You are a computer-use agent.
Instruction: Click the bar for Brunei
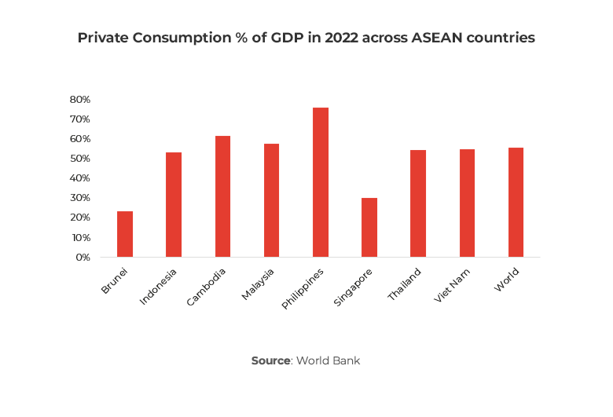tap(125, 234)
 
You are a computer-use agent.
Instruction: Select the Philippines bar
tap(321, 182)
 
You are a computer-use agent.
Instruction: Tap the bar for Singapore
tap(369, 227)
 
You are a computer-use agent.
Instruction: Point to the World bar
tap(516, 202)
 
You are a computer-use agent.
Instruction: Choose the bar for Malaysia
tap(272, 200)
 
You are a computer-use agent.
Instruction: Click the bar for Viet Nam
tap(467, 203)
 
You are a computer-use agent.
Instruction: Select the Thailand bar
tap(418, 203)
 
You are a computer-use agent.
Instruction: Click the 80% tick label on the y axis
tap(80, 100)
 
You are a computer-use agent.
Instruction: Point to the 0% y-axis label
tap(83, 257)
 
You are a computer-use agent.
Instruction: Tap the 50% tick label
tap(80, 159)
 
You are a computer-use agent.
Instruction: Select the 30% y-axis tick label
tap(80, 198)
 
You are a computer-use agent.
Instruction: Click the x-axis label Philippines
tap(303, 288)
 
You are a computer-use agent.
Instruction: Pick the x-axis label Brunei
tap(115, 281)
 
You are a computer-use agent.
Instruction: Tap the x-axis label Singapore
tap(353, 287)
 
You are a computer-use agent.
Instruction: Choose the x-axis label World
tap(508, 280)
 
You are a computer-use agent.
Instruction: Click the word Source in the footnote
tap(271, 360)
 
